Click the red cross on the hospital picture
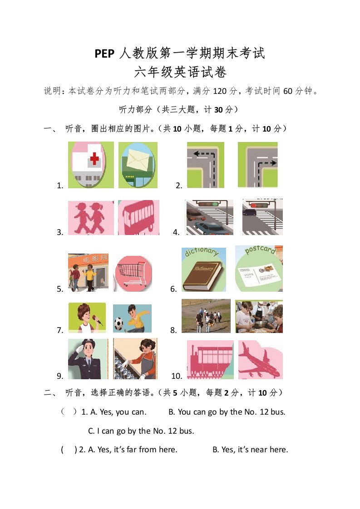coord(94,158)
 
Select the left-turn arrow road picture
coord(205,165)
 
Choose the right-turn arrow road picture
coord(258,165)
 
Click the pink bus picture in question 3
coord(139,217)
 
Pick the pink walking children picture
coord(91,217)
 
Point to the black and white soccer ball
coord(119,323)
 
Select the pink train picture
coord(210,359)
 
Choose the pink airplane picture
coord(260,359)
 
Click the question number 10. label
coord(177,376)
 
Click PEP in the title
coord(104,54)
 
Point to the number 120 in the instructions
coord(220,91)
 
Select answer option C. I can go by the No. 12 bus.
coord(141,431)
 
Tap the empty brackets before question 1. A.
coord(69,411)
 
